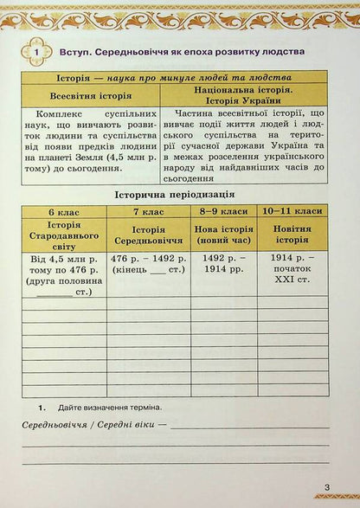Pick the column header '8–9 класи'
pyautogui.click(x=223, y=212)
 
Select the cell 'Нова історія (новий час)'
pyautogui.click(x=223, y=234)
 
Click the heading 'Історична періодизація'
pyautogui.click(x=179, y=196)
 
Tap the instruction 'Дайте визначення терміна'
pyautogui.click(x=110, y=406)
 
